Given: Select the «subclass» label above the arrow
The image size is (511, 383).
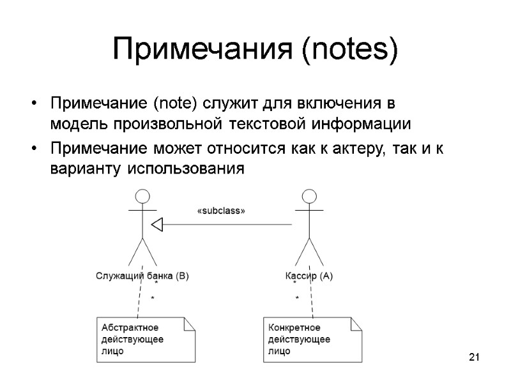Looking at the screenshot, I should [220, 211].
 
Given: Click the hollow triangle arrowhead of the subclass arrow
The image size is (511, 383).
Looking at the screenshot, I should [158, 223].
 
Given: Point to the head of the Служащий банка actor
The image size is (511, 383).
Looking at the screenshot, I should [142, 196].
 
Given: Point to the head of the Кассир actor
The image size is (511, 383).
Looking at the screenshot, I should [309, 196].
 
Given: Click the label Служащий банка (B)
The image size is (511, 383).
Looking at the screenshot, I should [142, 276].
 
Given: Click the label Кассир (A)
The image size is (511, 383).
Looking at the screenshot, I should [309, 276].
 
